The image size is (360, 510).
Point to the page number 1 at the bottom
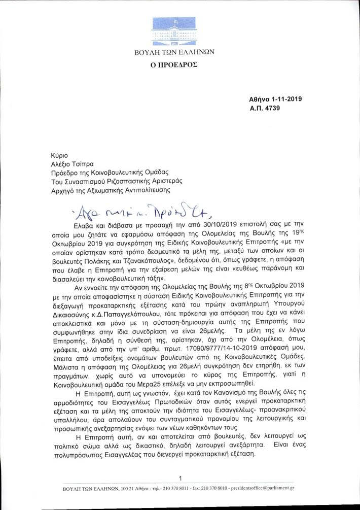180,478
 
